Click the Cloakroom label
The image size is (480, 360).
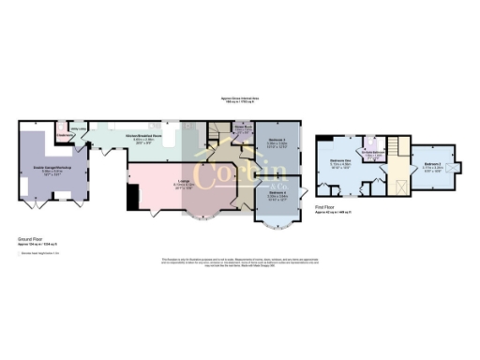click(x=66, y=136)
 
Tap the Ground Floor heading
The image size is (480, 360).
click(x=31, y=241)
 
